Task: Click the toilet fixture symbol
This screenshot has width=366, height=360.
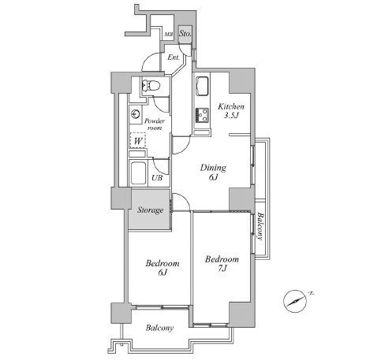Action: point(151,85)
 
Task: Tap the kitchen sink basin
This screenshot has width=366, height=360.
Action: point(203,87)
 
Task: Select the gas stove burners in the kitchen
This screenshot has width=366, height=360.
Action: point(202,115)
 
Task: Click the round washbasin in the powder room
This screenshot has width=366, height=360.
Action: point(135,113)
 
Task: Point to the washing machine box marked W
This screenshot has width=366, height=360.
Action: point(138,140)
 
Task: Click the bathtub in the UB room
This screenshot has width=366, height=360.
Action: point(138,173)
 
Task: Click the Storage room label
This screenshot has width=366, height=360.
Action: point(150,210)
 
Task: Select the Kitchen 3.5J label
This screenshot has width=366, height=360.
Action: point(231,110)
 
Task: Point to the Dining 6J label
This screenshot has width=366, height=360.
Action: point(213,172)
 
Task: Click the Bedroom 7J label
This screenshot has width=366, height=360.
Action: point(222,263)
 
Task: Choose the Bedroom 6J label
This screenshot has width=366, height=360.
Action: point(162,267)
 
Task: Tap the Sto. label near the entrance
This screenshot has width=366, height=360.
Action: point(185,34)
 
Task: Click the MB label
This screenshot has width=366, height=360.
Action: point(169,35)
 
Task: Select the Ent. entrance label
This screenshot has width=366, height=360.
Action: point(174,58)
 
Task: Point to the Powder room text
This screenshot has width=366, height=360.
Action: point(155,124)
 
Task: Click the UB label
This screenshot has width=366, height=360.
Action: point(157,178)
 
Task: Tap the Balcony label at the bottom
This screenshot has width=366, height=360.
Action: point(159,328)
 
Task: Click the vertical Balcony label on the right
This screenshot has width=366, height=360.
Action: point(260,226)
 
